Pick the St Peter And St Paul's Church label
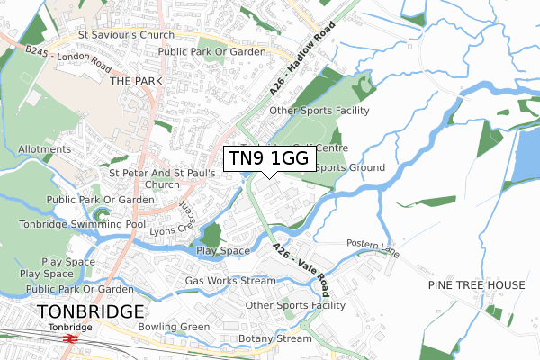pyautogui.click(x=161, y=178)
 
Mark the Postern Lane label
pyautogui.click(x=373, y=243)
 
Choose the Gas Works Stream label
pyautogui.click(x=230, y=281)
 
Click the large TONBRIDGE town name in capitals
pyautogui.click(x=90, y=311)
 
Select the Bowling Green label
pyautogui.click(x=174, y=326)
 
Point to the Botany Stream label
pyautogui.click(x=274, y=339)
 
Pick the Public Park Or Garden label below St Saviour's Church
pyautogui.click(x=211, y=52)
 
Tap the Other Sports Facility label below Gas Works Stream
pyautogui.click(x=295, y=305)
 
